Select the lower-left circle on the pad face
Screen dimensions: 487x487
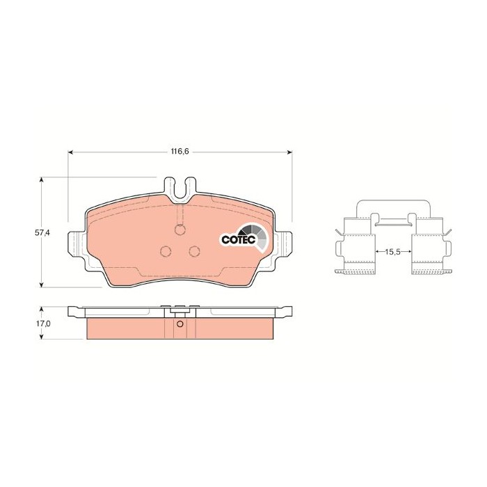pos(166,251)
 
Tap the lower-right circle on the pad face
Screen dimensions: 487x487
pos(195,251)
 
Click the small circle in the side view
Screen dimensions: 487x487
pos(180,324)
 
